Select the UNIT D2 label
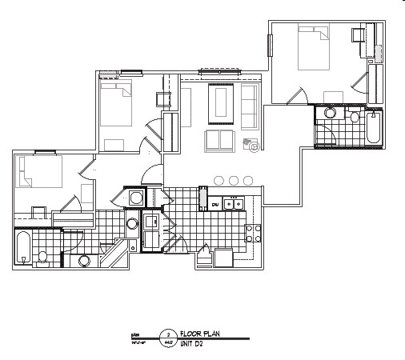(192, 342)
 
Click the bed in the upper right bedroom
(315, 49)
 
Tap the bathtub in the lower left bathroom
(23, 247)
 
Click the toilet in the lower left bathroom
(43, 257)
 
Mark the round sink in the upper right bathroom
(329, 114)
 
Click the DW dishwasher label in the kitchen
(215, 206)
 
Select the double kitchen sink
(234, 206)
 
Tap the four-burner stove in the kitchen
(253, 234)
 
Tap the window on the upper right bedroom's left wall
(269, 46)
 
